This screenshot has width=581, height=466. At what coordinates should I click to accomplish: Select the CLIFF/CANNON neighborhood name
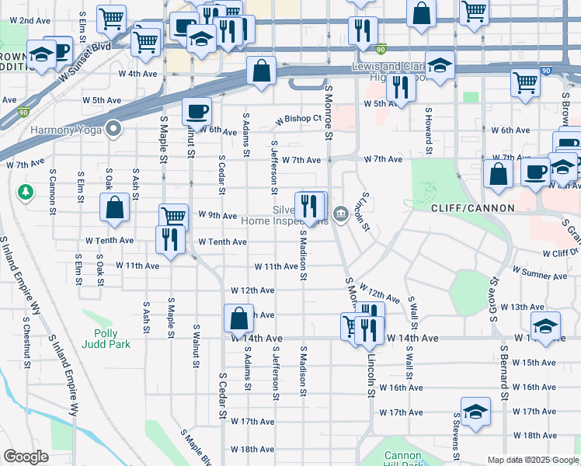(473, 208)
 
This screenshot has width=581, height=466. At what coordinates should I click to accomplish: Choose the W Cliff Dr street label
(560, 253)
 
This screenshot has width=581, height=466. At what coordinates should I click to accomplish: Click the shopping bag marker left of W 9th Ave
(114, 207)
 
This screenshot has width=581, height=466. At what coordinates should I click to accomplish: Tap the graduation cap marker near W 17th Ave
(475, 412)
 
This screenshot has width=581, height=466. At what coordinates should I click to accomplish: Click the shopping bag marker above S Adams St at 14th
(238, 318)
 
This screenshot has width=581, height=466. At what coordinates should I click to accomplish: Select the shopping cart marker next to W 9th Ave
(173, 217)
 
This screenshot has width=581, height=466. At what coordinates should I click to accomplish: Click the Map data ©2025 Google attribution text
(533, 460)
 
